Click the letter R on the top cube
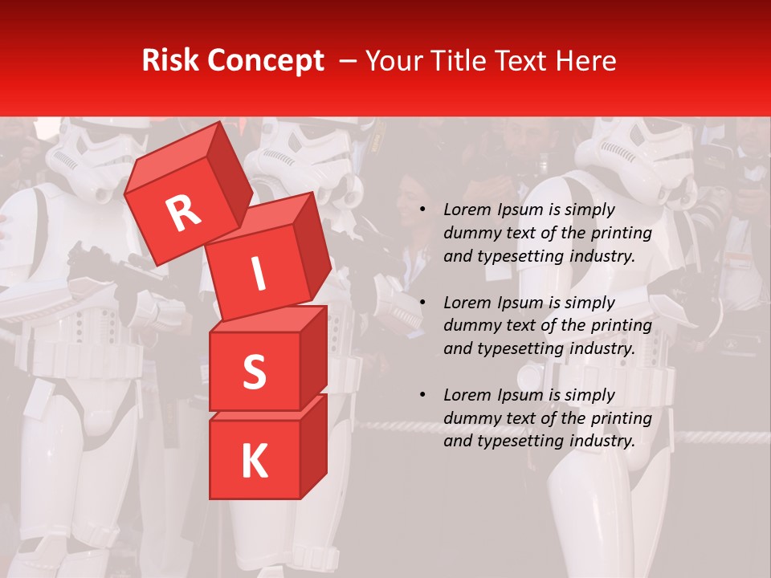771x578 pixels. tap(184, 214)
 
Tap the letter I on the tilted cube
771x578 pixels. tap(258, 274)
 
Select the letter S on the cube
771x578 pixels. tap(254, 372)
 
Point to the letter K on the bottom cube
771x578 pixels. tap(254, 462)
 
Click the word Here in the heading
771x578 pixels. tap(586, 60)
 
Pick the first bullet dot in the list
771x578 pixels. tap(422, 210)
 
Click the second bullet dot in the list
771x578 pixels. tap(422, 303)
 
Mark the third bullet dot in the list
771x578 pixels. tap(422, 395)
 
